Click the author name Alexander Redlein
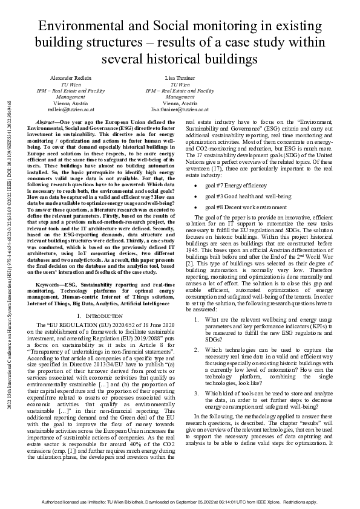(70, 79)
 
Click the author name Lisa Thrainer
(180, 79)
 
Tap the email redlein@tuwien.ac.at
(70, 111)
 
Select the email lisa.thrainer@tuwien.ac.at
(180, 111)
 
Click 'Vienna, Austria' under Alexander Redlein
(70, 104)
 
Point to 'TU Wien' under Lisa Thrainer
(180, 85)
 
